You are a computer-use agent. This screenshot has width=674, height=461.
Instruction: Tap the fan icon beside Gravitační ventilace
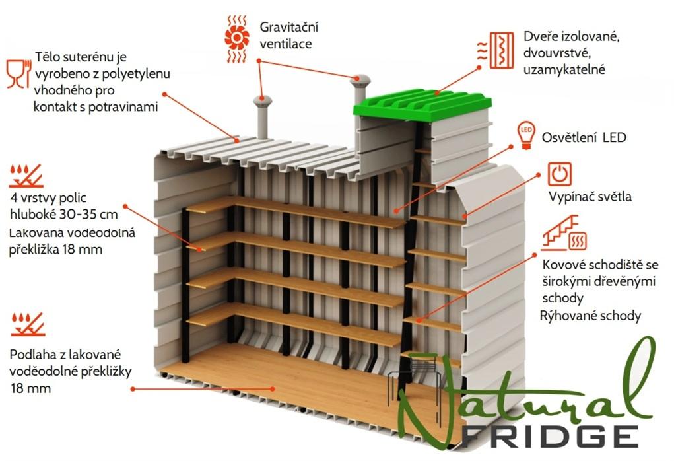click(235, 38)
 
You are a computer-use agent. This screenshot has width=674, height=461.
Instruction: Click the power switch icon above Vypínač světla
click(559, 174)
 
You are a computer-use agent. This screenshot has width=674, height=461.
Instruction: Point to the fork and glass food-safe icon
click(17, 73)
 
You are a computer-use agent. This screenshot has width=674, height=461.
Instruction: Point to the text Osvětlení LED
click(584, 137)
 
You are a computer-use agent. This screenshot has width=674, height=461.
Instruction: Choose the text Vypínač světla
click(590, 197)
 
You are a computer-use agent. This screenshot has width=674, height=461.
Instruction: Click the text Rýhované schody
click(591, 316)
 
